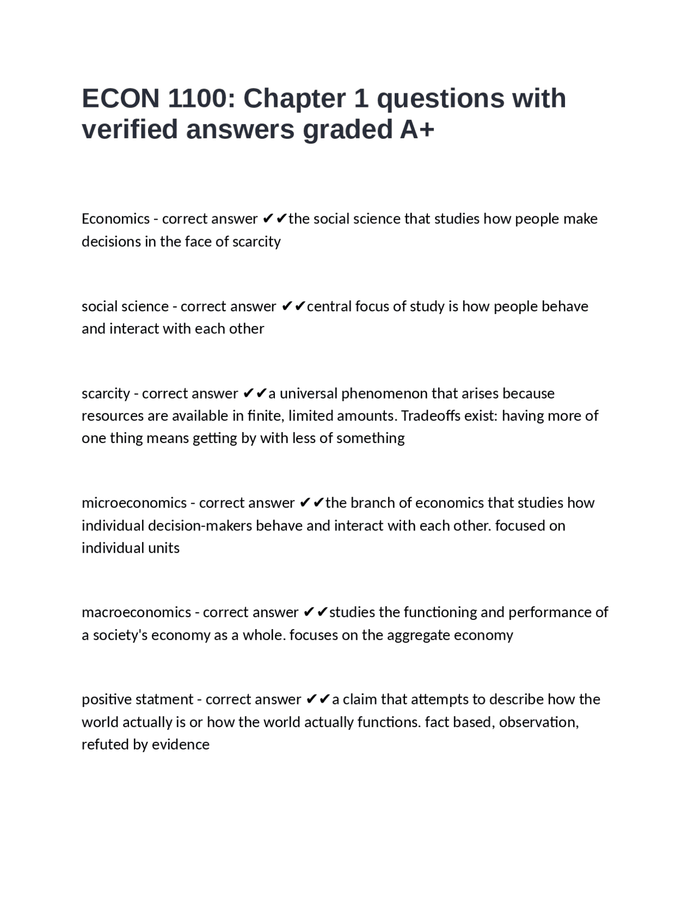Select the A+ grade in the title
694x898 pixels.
pos(417,130)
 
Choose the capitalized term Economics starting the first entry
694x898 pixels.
pos(115,219)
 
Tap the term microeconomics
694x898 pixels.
pos(134,503)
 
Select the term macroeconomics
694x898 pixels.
pos(136,612)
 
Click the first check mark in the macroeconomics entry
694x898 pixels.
pos(309,612)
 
